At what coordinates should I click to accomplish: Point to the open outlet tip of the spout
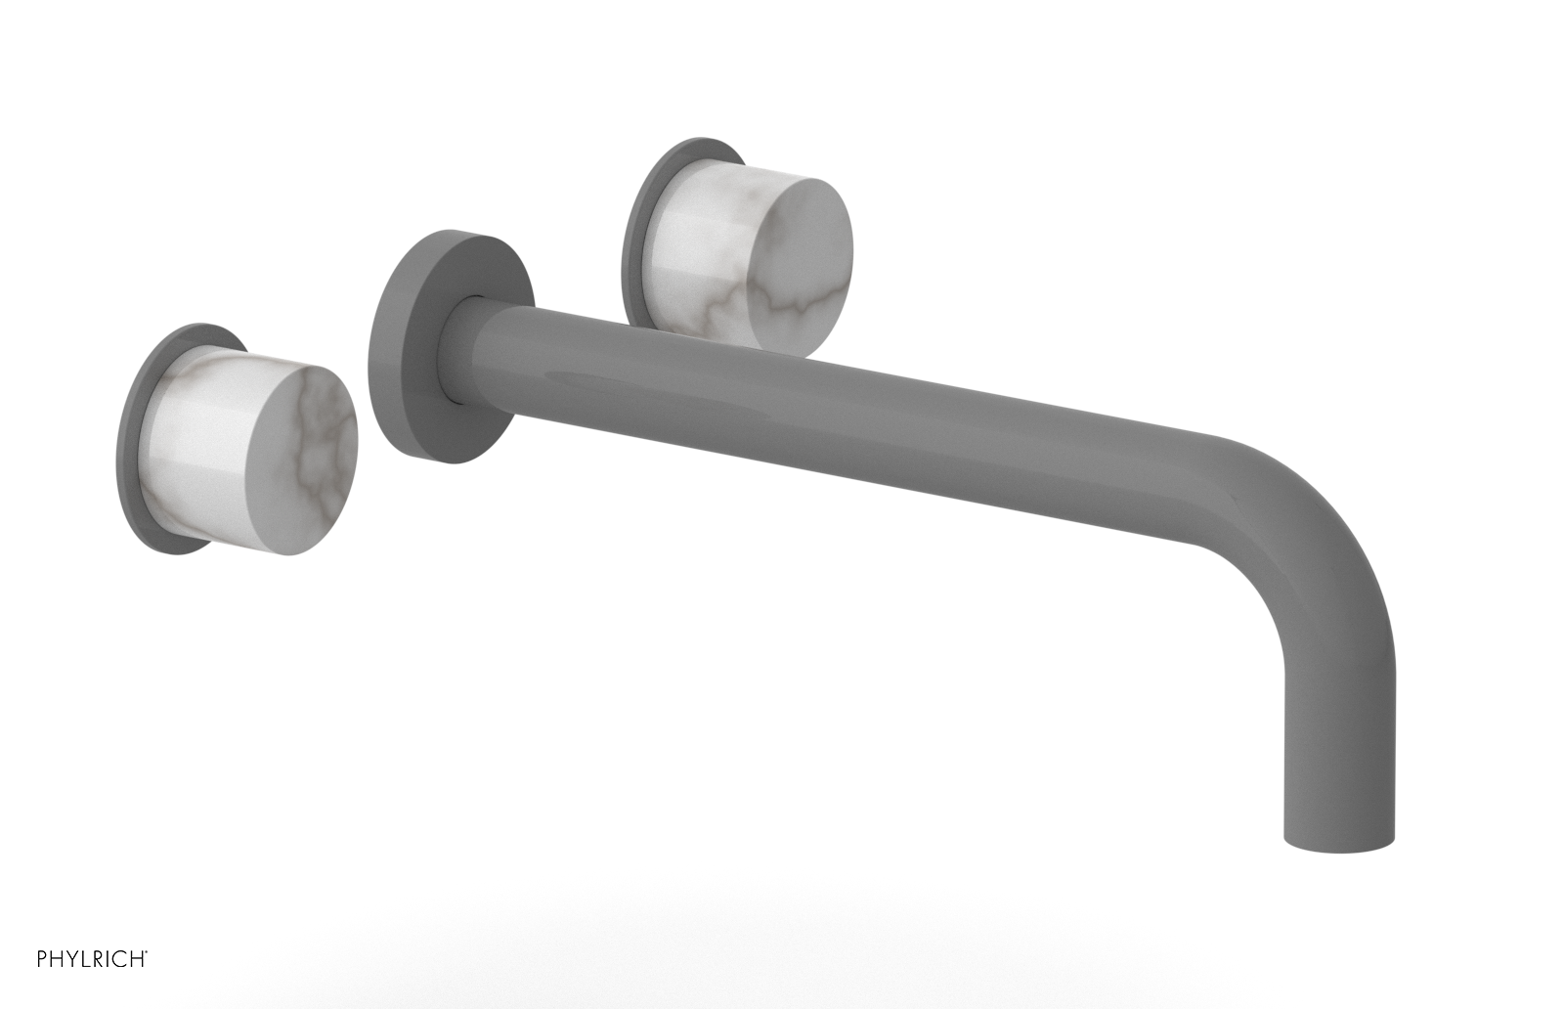[1339, 843]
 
